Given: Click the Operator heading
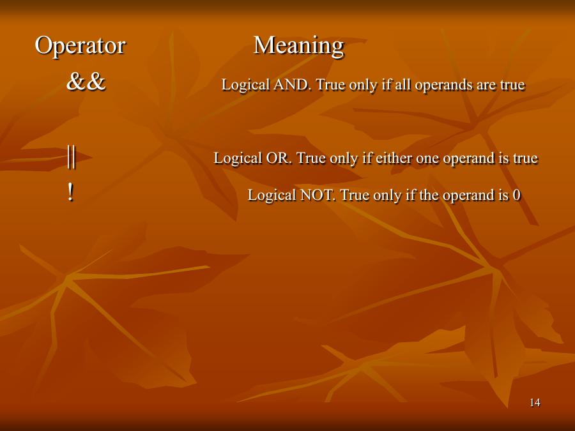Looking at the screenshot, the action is click(80, 46).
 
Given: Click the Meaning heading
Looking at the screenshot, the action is click(298, 46).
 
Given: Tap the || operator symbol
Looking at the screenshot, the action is click(72, 156).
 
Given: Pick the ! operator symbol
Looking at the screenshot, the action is click(70, 193).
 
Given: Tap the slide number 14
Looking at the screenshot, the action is click(535, 402).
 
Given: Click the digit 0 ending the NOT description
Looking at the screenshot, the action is click(517, 195).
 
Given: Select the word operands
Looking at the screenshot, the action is click(444, 86).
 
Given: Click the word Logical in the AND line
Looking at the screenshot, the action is click(246, 86).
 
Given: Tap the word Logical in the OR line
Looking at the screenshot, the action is click(238, 159).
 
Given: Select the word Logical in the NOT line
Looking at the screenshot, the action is click(272, 195).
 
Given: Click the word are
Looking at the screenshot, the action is click(487, 86).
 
